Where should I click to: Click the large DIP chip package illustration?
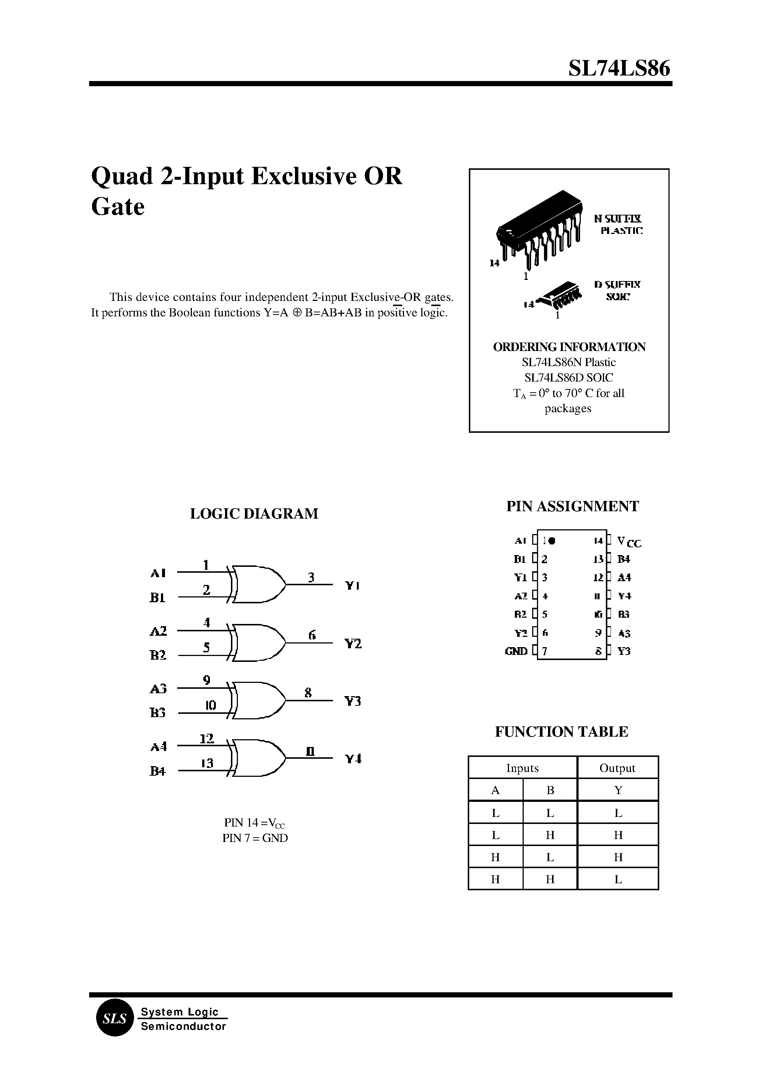click(540, 225)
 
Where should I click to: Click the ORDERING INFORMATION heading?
click(569, 347)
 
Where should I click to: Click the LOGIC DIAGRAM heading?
click(254, 513)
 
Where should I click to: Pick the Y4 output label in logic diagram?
click(353, 759)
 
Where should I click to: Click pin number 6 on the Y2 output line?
click(312, 635)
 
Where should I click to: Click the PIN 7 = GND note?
click(255, 838)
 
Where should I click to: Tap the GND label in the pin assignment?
click(516, 651)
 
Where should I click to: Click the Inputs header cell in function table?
click(522, 768)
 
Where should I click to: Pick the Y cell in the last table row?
click(618, 880)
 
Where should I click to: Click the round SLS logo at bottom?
click(115, 1019)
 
